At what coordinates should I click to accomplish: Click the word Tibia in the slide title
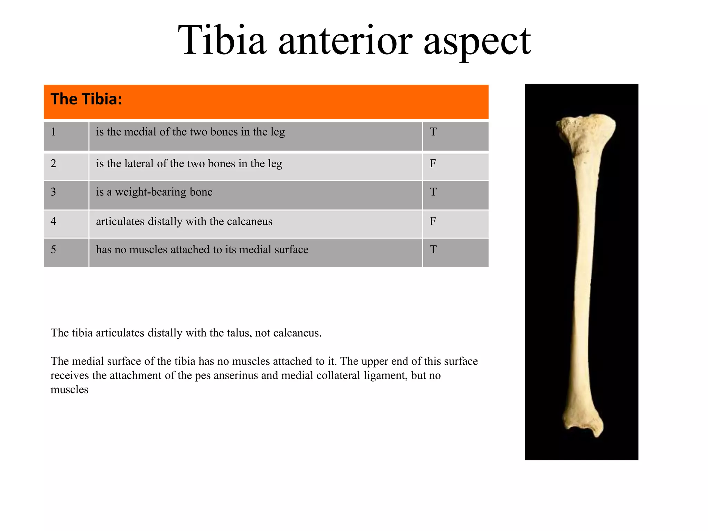point(222,41)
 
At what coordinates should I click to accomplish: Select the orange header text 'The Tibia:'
point(86,99)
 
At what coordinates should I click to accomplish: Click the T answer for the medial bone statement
point(433,132)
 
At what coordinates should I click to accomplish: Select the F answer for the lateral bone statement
point(433,164)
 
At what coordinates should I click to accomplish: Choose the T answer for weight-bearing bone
point(433,192)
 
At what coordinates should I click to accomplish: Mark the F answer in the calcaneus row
point(433,221)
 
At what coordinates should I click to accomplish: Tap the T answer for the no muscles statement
point(433,250)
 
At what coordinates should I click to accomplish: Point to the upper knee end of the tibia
point(586,133)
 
